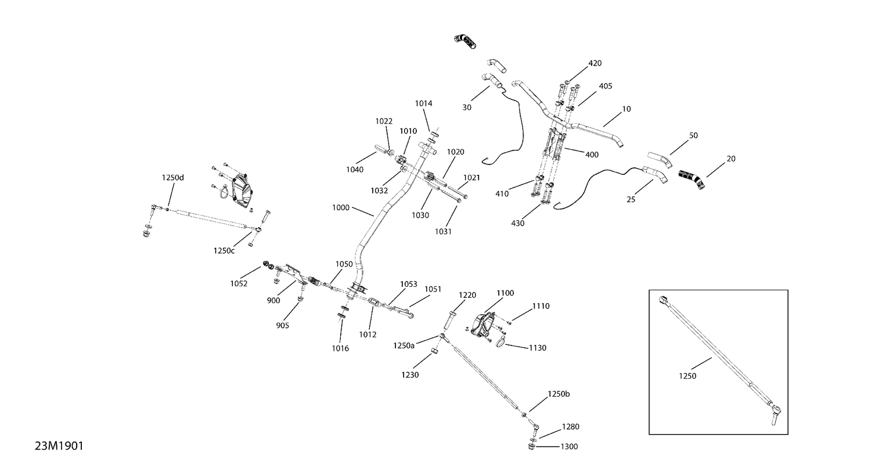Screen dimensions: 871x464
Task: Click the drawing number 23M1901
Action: click(x=59, y=446)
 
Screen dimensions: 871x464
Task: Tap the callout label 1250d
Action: click(x=172, y=178)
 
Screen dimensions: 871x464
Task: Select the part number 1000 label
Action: click(x=341, y=208)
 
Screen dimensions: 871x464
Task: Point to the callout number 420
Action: click(x=595, y=63)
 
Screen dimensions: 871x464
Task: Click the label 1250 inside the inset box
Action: click(x=688, y=376)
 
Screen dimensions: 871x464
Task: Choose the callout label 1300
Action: click(x=569, y=447)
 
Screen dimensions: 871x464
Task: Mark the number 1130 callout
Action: click(x=538, y=348)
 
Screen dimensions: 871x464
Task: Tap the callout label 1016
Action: click(x=340, y=348)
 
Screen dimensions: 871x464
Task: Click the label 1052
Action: click(x=239, y=283)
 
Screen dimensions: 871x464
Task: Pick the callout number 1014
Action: click(x=423, y=103)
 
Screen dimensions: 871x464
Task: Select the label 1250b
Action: click(x=559, y=394)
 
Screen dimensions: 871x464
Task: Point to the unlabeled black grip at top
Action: click(x=465, y=42)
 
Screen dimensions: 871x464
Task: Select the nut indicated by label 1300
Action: click(x=531, y=446)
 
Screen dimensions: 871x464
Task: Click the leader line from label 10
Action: click(x=613, y=119)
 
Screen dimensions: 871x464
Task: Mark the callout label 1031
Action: click(x=443, y=232)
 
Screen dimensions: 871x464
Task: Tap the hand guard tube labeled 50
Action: click(x=660, y=160)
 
